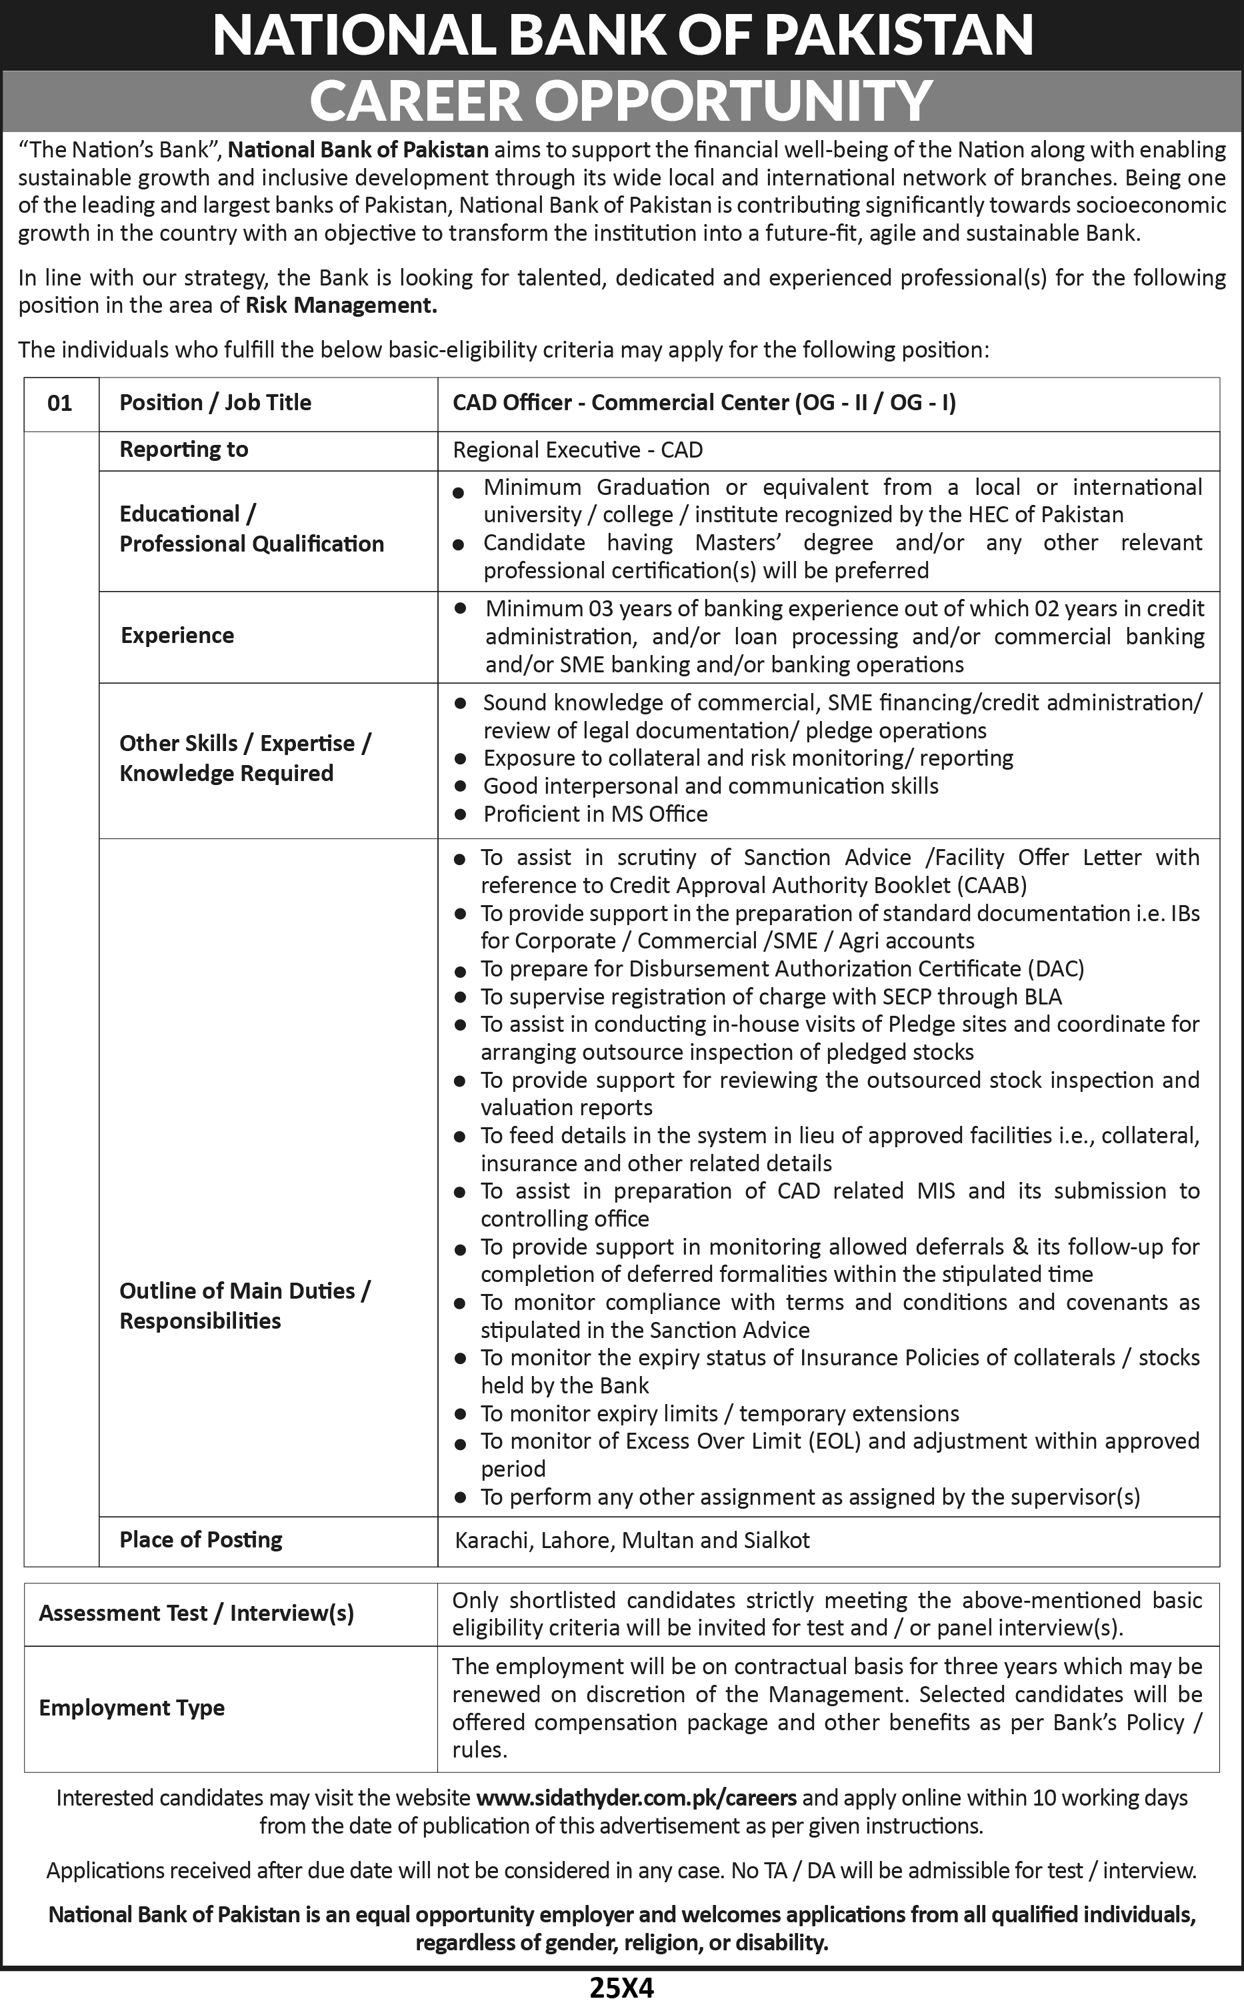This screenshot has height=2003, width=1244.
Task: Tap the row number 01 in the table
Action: point(60,404)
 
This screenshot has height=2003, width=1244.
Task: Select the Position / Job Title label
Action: point(215,402)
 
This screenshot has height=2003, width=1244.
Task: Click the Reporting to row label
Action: point(183,450)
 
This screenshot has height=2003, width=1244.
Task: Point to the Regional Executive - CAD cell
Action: point(577,450)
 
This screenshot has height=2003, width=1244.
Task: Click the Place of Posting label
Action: point(201,1539)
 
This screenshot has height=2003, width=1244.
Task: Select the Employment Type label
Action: point(131,1708)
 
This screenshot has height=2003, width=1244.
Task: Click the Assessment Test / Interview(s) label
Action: point(196,1613)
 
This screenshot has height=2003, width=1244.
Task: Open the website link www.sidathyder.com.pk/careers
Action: point(636,1798)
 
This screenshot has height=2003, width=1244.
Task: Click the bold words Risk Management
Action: point(341,305)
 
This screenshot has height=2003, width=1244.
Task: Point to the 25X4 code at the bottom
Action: point(622,1988)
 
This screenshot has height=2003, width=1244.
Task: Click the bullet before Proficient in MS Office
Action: point(461,814)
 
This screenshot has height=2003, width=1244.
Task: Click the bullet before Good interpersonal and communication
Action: point(461,786)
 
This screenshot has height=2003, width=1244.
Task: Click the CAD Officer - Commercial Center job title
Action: point(704,402)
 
